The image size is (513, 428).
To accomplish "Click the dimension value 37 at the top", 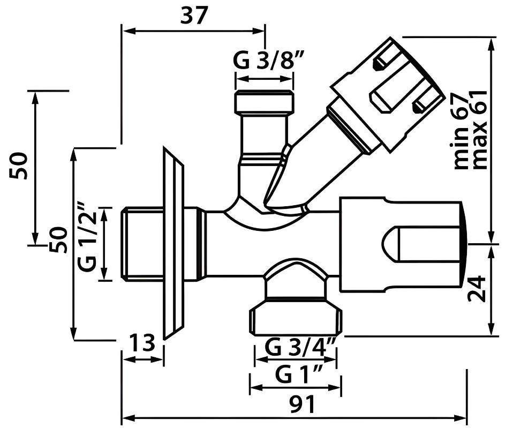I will point(193,16).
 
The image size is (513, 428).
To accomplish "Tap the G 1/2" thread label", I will point(89,236).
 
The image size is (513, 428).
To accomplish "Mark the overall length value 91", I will point(301,405).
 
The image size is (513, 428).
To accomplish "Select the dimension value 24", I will point(477,289).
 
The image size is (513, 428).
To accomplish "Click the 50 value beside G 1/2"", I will point(59,239).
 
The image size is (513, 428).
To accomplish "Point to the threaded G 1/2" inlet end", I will point(142,244).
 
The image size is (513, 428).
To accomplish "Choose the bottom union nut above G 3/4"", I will point(295,316).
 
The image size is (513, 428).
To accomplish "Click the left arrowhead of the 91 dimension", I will point(126,417).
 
